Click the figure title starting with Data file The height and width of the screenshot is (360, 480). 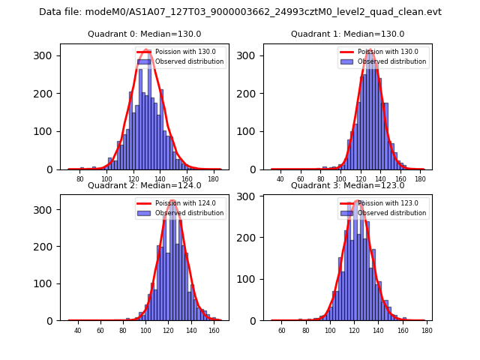tap(240, 12)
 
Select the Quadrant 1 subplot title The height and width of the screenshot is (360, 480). tap(347, 34)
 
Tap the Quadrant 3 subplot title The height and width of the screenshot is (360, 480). tap(347, 185)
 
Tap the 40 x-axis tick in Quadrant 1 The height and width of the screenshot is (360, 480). tap(280, 180)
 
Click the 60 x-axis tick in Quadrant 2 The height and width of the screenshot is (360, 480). tap(100, 331)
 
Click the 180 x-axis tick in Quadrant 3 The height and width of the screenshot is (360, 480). tap(427, 331)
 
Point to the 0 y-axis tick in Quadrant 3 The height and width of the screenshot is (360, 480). tap(256, 320)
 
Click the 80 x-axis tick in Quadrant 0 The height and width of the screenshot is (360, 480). tap(80, 180)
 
